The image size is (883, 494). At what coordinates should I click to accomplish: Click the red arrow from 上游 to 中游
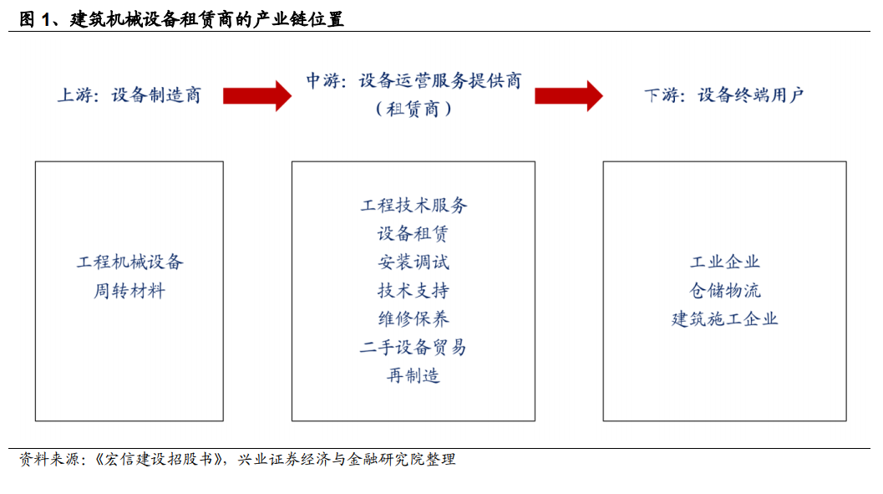click(256, 96)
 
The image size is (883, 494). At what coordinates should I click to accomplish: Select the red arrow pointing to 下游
click(569, 96)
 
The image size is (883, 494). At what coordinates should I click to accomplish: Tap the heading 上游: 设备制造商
click(129, 94)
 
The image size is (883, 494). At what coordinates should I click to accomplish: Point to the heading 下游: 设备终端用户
click(724, 94)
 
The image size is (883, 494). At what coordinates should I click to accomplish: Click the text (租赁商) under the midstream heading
click(414, 109)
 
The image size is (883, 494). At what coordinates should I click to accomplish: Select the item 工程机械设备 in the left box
click(130, 262)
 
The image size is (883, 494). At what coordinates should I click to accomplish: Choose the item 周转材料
click(129, 291)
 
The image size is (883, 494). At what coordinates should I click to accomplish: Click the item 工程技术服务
click(414, 205)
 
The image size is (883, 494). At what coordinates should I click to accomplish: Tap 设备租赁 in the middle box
click(413, 233)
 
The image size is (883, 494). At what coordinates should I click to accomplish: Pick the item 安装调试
click(414, 262)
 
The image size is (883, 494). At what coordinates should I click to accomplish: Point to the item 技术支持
click(414, 291)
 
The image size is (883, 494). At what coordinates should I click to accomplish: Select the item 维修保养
click(414, 318)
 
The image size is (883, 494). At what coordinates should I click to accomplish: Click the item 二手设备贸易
click(414, 347)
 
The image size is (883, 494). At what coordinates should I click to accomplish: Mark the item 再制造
click(414, 375)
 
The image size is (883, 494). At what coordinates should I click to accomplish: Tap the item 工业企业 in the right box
click(725, 262)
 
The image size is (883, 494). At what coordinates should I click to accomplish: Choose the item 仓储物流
click(725, 291)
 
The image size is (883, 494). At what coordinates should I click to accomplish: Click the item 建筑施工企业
click(725, 318)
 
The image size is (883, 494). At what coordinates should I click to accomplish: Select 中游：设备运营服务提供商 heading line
click(414, 80)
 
